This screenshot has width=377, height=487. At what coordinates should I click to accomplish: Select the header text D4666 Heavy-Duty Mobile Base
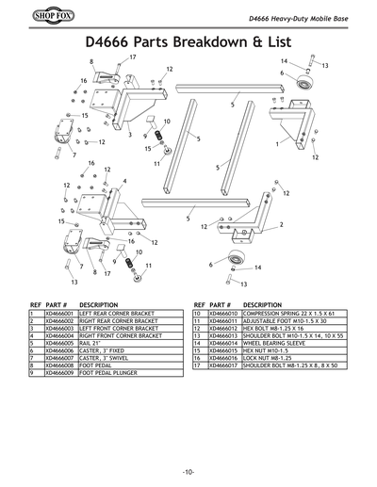295,21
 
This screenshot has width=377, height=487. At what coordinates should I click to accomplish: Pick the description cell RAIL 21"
94,344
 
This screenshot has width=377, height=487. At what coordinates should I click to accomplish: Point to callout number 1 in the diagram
277,147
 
